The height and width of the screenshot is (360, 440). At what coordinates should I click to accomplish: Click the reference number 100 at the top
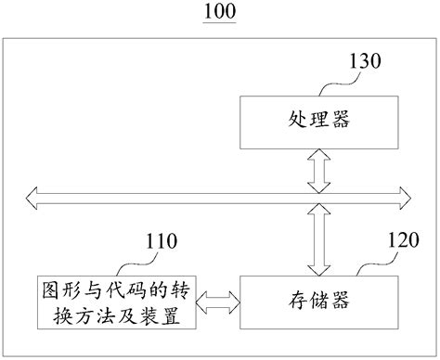(220, 12)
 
